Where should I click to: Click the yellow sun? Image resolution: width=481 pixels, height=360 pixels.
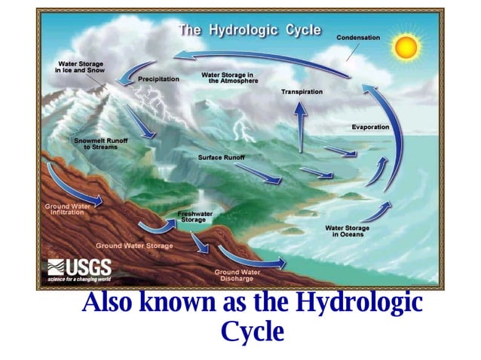coord(406,47)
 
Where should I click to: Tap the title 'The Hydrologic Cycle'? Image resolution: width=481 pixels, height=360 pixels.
coord(249,30)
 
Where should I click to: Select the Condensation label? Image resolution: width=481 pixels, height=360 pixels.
coord(358,37)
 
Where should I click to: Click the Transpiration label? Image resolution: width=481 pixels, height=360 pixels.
coord(302,92)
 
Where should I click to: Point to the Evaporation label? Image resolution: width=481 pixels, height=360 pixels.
coord(370,127)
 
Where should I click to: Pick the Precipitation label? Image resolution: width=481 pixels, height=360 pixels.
coord(159,78)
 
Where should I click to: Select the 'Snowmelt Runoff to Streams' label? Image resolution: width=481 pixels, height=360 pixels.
coord(95,144)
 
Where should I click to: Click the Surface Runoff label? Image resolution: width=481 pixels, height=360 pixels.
coord(221,157)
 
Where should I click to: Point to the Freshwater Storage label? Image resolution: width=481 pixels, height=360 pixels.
coord(195,217)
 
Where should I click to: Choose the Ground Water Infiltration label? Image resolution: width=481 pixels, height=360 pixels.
coord(67,209)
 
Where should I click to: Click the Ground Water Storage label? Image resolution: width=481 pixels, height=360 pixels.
coord(134,246)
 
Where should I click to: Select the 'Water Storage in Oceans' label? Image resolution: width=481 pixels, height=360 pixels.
coord(347,231)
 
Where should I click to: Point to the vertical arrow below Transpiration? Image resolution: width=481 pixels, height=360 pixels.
coord(301,124)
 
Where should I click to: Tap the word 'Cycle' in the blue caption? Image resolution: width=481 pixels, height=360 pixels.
coord(252,331)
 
